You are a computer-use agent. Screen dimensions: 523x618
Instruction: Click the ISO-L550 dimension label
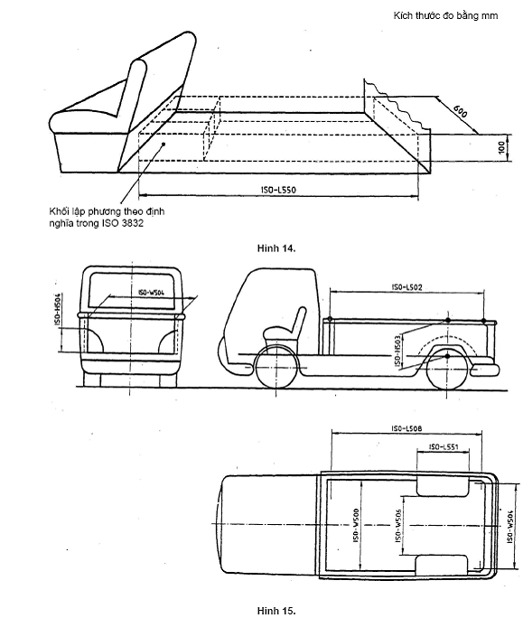pos(278,190)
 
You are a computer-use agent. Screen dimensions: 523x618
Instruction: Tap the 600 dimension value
pos(460,111)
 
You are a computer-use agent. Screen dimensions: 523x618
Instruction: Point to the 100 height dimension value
pos(501,148)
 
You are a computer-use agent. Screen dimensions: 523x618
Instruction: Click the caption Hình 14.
pos(276,248)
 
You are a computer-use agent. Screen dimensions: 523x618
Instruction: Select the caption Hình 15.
pos(276,611)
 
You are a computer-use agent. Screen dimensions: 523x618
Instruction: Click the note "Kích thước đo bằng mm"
pos(445,15)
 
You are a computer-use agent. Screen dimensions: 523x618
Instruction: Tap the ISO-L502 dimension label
pos(406,287)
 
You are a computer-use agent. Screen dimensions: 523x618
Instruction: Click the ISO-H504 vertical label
pos(58,309)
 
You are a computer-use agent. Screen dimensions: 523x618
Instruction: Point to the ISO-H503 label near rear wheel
pos(398,350)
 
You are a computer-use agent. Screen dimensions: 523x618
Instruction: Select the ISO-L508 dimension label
pos(406,428)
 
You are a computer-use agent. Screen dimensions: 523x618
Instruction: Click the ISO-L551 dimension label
pos(444,446)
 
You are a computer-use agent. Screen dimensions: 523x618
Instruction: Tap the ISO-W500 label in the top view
pos(356,525)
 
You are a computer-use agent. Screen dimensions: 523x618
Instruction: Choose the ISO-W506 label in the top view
pos(398,525)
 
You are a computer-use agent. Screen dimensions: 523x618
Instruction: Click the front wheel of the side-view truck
pos(276,369)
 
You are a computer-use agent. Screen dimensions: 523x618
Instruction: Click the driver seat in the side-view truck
pos(285,330)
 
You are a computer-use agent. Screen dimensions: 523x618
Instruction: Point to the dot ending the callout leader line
pos(163,145)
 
